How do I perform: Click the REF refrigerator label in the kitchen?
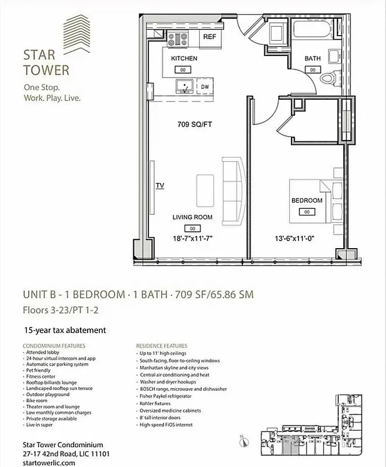(210, 37)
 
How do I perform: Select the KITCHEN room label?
(184, 59)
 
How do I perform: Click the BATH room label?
(312, 59)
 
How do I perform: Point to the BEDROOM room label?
(307, 201)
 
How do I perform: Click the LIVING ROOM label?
(192, 217)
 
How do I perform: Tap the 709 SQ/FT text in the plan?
(194, 124)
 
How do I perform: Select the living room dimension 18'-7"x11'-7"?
(192, 238)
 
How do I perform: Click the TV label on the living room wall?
(159, 186)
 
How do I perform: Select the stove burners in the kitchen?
(178, 39)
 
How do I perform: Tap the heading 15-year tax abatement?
(65, 330)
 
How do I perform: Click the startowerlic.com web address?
(49, 462)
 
